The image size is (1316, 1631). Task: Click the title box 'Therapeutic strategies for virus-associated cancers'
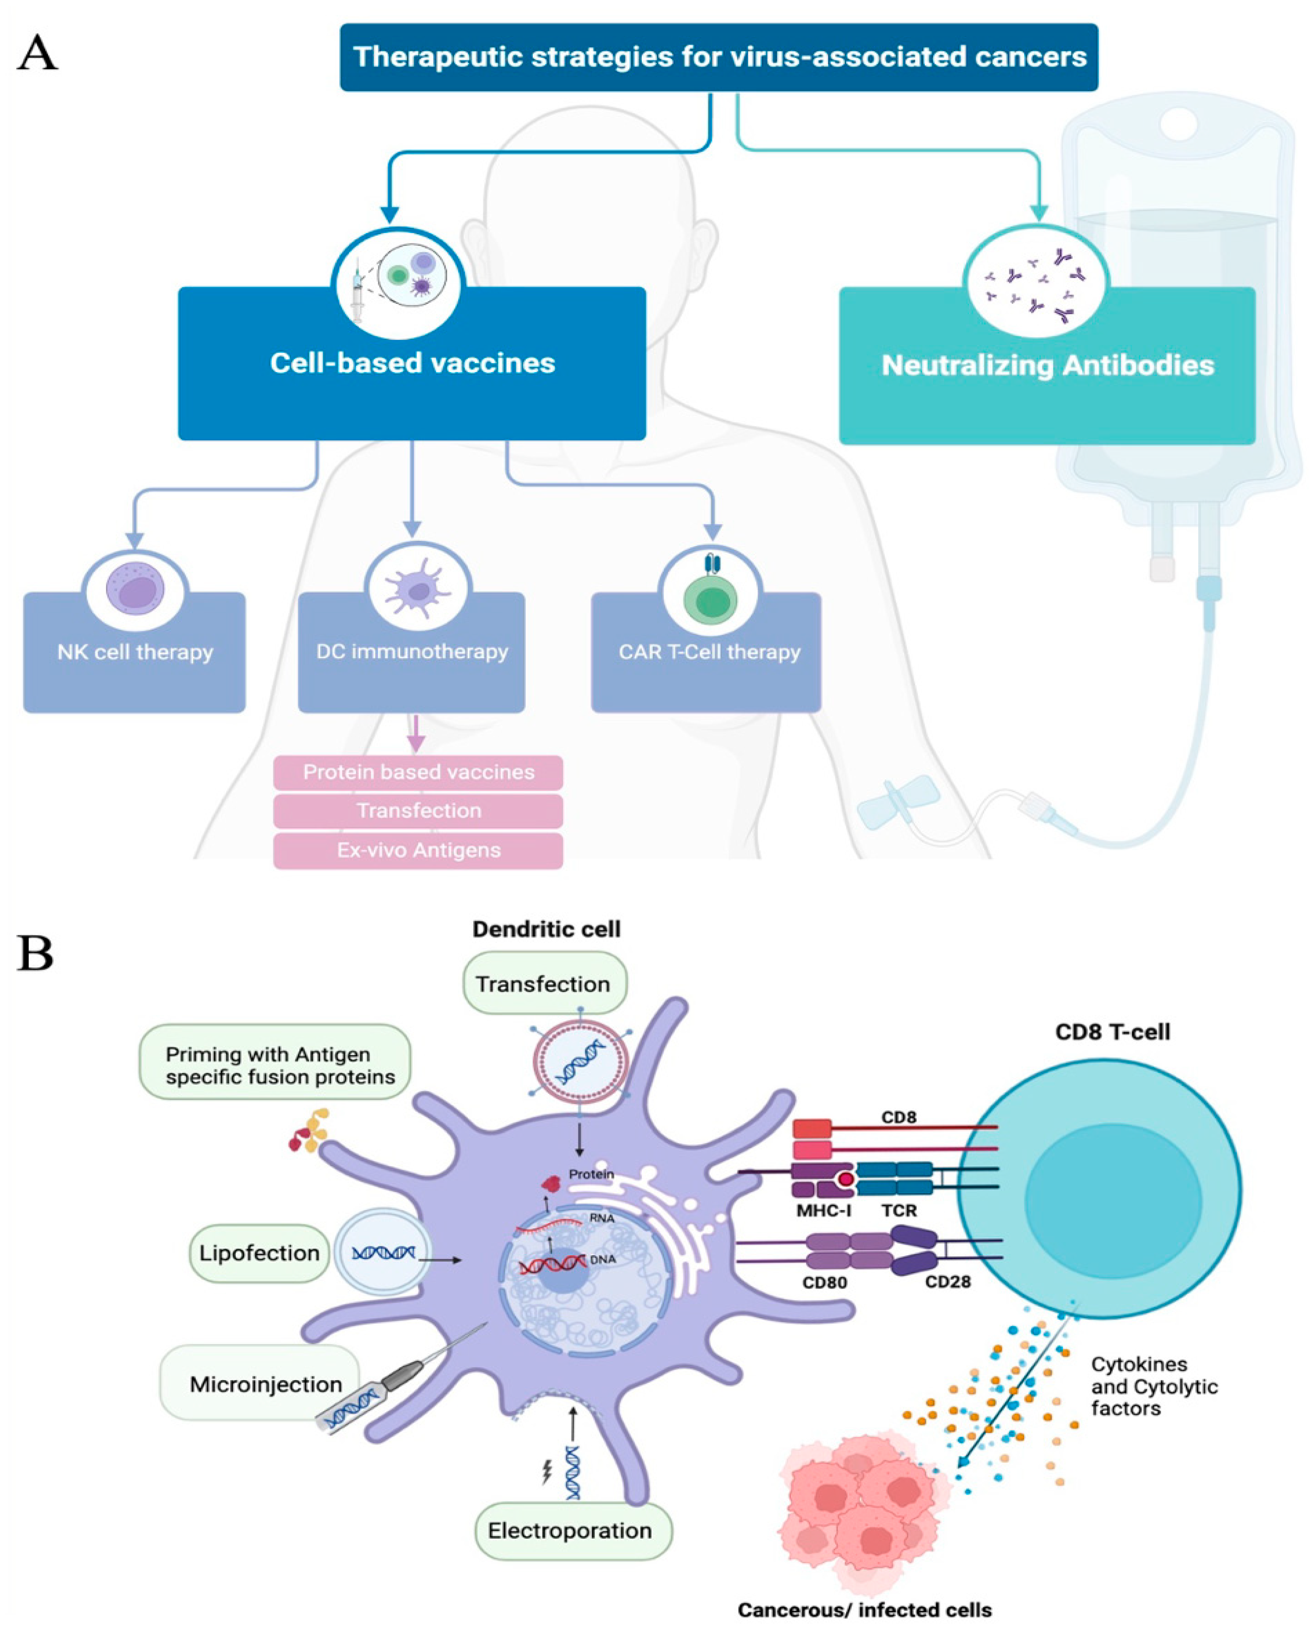[719, 57]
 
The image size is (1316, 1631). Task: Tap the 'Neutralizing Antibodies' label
[1047, 365]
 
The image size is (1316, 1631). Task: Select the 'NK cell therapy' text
[135, 652]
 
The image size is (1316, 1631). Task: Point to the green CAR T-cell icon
[710, 599]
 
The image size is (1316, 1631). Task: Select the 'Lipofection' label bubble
[259, 1253]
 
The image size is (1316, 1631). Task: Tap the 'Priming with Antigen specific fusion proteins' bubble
[275, 1065]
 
